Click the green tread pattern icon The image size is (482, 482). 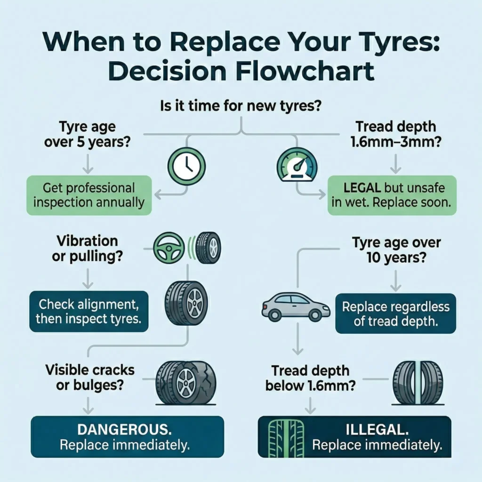coord(278,438)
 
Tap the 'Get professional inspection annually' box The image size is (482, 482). coord(89,195)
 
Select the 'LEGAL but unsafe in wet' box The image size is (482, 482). coord(392,195)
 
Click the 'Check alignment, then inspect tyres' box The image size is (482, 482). coord(89,311)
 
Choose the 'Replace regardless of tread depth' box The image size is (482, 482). coord(395,314)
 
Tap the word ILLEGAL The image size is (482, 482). coord(378,430)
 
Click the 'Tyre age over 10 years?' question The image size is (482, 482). coord(396,250)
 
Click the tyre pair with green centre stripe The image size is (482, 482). coord(418,383)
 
